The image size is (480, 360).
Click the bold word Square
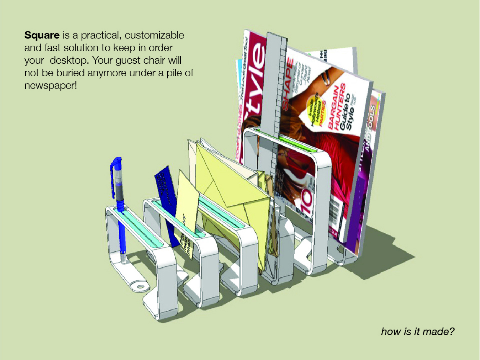tap(42, 36)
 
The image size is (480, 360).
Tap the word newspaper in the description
tap(50, 85)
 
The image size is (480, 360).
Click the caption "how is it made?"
tap(417, 331)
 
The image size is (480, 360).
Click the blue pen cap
tap(116, 170)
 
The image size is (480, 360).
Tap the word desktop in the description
tap(72, 61)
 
